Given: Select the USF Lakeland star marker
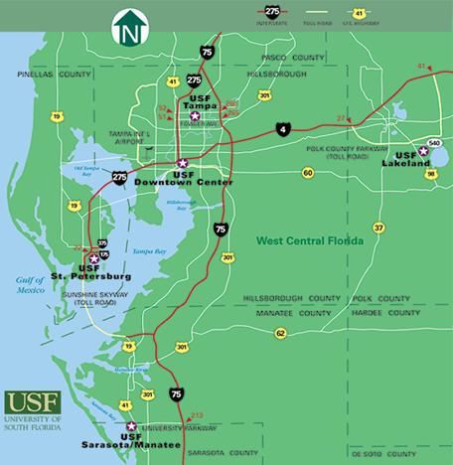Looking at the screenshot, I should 424,151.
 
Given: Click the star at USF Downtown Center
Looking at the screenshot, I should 182,163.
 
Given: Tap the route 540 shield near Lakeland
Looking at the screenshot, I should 434,143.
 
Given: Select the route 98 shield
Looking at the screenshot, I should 431,174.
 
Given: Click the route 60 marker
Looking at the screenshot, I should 308,173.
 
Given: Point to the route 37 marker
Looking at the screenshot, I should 378,228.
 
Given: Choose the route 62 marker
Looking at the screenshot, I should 280,332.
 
